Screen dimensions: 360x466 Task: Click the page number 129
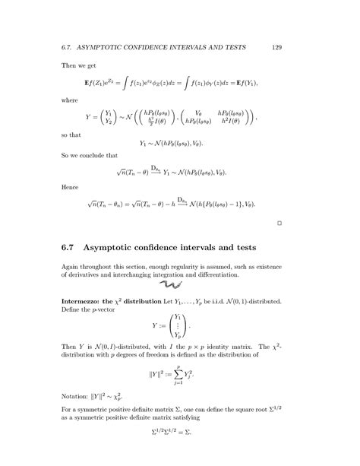(x=277, y=47)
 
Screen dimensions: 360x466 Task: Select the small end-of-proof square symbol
(x=279, y=223)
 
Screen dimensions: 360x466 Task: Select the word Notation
(x=77, y=395)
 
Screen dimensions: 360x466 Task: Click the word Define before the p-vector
(x=73, y=311)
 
